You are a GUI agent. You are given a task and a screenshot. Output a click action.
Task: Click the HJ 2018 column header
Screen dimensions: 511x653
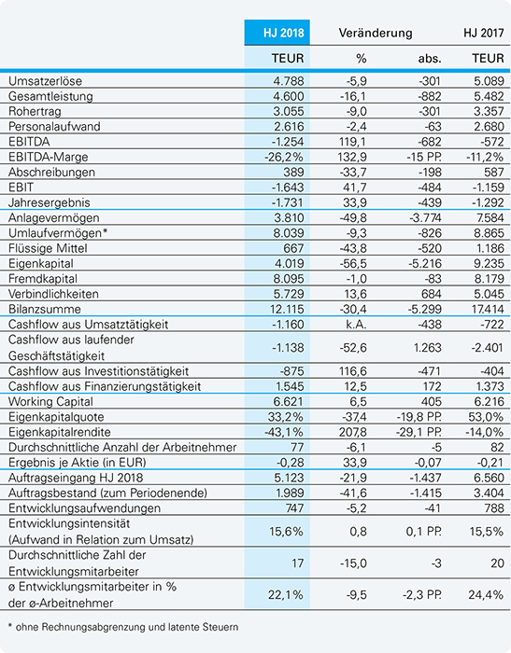click(283, 33)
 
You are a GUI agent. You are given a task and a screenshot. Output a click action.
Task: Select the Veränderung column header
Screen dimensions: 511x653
click(375, 33)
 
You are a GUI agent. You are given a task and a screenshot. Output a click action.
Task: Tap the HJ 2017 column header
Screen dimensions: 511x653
click(484, 33)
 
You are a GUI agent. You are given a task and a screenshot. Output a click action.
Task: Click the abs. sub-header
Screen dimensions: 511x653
click(429, 58)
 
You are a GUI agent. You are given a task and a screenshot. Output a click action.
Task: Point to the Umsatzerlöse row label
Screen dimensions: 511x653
click(45, 81)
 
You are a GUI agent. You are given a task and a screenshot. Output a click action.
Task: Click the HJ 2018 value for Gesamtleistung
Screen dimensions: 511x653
click(289, 96)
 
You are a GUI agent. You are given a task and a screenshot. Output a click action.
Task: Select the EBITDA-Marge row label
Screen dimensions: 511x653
click(48, 157)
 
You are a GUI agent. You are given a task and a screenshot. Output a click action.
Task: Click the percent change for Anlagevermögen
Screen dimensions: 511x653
click(353, 217)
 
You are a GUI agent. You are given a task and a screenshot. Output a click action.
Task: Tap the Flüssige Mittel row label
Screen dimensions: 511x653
click(48, 248)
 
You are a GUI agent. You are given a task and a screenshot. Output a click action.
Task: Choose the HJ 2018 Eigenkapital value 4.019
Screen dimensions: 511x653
click(289, 264)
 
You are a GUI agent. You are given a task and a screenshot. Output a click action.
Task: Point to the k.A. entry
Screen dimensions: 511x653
click(356, 324)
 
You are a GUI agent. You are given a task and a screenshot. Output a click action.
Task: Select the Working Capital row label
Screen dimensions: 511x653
click(50, 402)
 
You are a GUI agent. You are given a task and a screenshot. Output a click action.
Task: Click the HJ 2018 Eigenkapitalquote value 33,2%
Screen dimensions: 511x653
click(285, 417)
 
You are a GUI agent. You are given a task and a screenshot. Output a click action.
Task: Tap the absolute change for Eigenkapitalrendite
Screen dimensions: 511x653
click(419, 432)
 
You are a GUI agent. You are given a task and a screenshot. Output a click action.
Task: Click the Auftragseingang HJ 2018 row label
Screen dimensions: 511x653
click(76, 478)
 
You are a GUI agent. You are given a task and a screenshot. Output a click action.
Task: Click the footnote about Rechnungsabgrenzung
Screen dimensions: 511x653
click(123, 627)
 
